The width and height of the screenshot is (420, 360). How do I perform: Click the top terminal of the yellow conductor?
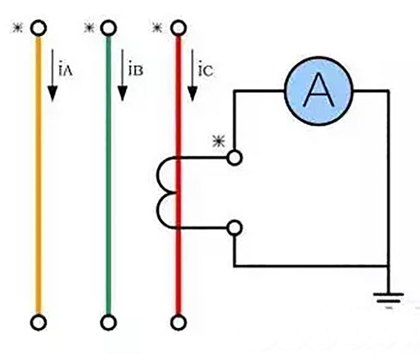coord(38,28)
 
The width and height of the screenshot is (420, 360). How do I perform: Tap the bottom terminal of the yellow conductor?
coord(38,322)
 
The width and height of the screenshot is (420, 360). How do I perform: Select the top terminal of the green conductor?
coord(108,28)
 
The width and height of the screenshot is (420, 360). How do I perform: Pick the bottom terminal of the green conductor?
coord(108,322)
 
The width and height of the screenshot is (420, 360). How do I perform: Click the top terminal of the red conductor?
coord(178,28)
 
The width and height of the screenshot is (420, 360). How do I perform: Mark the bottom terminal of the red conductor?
coord(178,322)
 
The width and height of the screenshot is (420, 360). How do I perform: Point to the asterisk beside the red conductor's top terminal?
coord(157,28)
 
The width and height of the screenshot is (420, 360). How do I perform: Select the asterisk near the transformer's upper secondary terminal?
coord(217,142)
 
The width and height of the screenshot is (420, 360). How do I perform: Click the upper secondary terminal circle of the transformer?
coord(234,158)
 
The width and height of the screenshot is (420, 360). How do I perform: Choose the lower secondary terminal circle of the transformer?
coord(234,228)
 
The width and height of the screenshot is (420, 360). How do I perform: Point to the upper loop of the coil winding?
coord(166,175)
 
